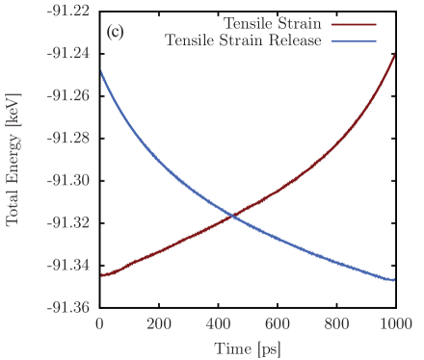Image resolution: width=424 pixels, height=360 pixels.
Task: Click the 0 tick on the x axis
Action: tap(100, 325)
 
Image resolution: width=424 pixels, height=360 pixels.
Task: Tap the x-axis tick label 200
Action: tap(159, 325)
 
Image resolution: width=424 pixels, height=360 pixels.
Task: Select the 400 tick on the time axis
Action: tap(218, 325)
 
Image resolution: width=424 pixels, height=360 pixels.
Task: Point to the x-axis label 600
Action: tap(277, 325)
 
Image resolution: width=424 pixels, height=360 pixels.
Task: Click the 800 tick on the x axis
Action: tap(335, 325)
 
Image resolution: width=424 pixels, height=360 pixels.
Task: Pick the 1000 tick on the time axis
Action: tap(393, 325)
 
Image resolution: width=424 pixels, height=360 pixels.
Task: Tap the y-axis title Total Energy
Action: tap(14, 160)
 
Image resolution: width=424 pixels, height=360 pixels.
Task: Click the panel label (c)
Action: tap(115, 32)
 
